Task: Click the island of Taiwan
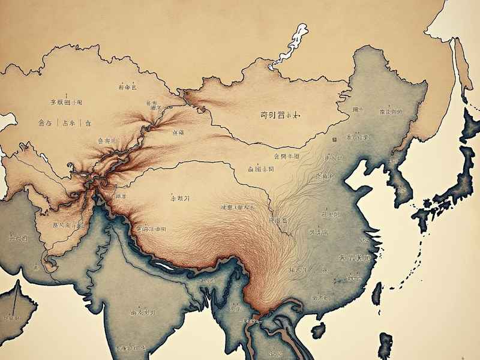tap(377, 294)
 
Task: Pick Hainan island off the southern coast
tap(318, 329)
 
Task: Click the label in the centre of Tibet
tap(180, 197)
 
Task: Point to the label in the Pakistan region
tap(67, 225)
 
